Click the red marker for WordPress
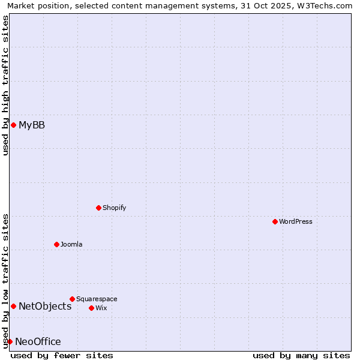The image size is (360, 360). [275, 221]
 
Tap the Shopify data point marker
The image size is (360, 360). [98, 208]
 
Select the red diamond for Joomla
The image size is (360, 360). [56, 244]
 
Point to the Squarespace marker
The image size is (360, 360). [72, 299]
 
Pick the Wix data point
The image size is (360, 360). [91, 308]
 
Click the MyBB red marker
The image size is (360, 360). [13, 125]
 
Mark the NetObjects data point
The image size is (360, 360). [13, 306]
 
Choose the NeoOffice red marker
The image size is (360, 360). [10, 341]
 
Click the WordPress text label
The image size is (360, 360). [296, 221]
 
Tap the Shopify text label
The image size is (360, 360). [114, 208]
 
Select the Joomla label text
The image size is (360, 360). [71, 244]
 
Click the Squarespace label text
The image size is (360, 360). [97, 299]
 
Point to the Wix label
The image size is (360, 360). [101, 308]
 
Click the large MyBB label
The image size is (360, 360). [32, 125]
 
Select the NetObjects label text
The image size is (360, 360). [45, 306]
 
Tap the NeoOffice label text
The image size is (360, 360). [38, 341]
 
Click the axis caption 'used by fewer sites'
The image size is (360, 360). [62, 355]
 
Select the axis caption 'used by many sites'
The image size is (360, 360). [301, 355]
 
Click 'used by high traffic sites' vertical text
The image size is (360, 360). [5, 85]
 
